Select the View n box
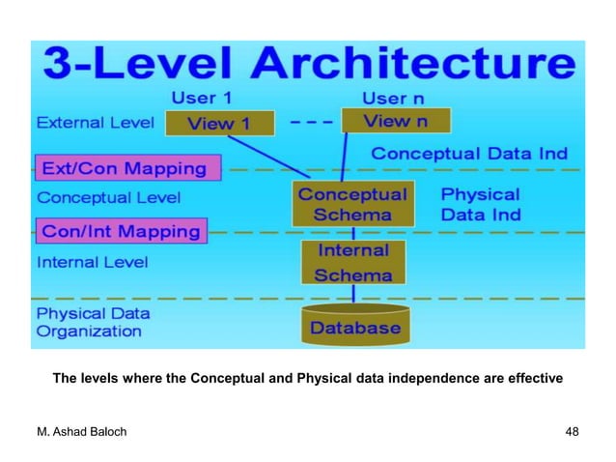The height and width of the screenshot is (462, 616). pos(396,122)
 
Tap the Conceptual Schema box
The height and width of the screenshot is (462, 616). pos(352,204)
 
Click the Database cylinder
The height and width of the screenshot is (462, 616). pos(354,327)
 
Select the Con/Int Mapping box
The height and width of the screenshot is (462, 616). pos(120,231)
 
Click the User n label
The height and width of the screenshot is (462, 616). pos(398,98)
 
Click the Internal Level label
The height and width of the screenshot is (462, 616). pos(92,262)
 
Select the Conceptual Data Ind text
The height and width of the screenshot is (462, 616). pos(469,154)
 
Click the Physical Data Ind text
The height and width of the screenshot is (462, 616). pos(481,204)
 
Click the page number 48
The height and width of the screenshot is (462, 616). pos(572,430)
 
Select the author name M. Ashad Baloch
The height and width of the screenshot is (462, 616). pos(83,430)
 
